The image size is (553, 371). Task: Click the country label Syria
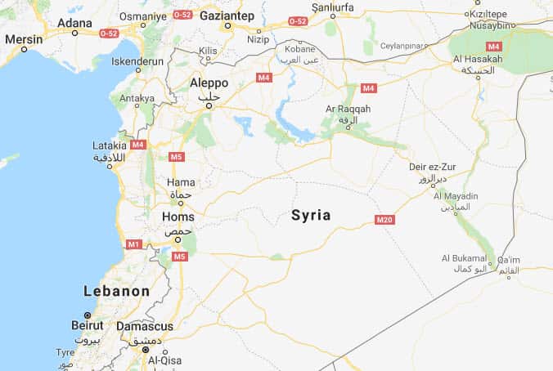point(311,216)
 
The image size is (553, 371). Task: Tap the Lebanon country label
point(117,291)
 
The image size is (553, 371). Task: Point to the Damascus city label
point(144,326)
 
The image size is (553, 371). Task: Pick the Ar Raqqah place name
point(348,109)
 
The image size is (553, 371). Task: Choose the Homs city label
point(178,217)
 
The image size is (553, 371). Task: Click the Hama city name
point(180,182)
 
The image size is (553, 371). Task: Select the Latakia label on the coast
point(110,145)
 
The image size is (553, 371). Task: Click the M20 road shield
point(384,220)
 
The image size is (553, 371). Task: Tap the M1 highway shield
point(134,244)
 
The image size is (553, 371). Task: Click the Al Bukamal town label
point(464,257)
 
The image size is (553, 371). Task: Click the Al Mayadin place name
point(456,196)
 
